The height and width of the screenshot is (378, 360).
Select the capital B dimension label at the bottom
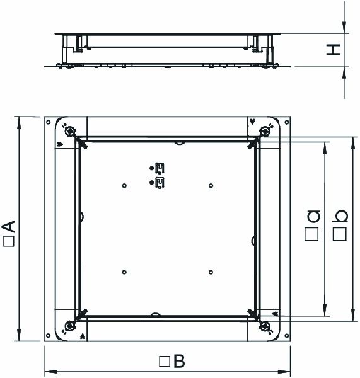tap(178, 362)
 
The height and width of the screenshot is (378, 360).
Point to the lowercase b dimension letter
tap(340, 216)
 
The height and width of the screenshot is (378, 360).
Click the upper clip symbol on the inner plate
tap(160, 168)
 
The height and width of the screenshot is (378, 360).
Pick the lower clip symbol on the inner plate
tap(160, 183)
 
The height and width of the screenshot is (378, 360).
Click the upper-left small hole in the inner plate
tap(124, 185)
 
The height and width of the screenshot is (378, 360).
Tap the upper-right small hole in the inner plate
tap(211, 185)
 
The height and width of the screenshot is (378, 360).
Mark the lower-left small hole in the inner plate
tap(124, 272)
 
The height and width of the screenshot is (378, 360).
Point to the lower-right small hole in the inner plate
tap(211, 272)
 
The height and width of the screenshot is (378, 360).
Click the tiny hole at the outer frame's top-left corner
tap(49, 121)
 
